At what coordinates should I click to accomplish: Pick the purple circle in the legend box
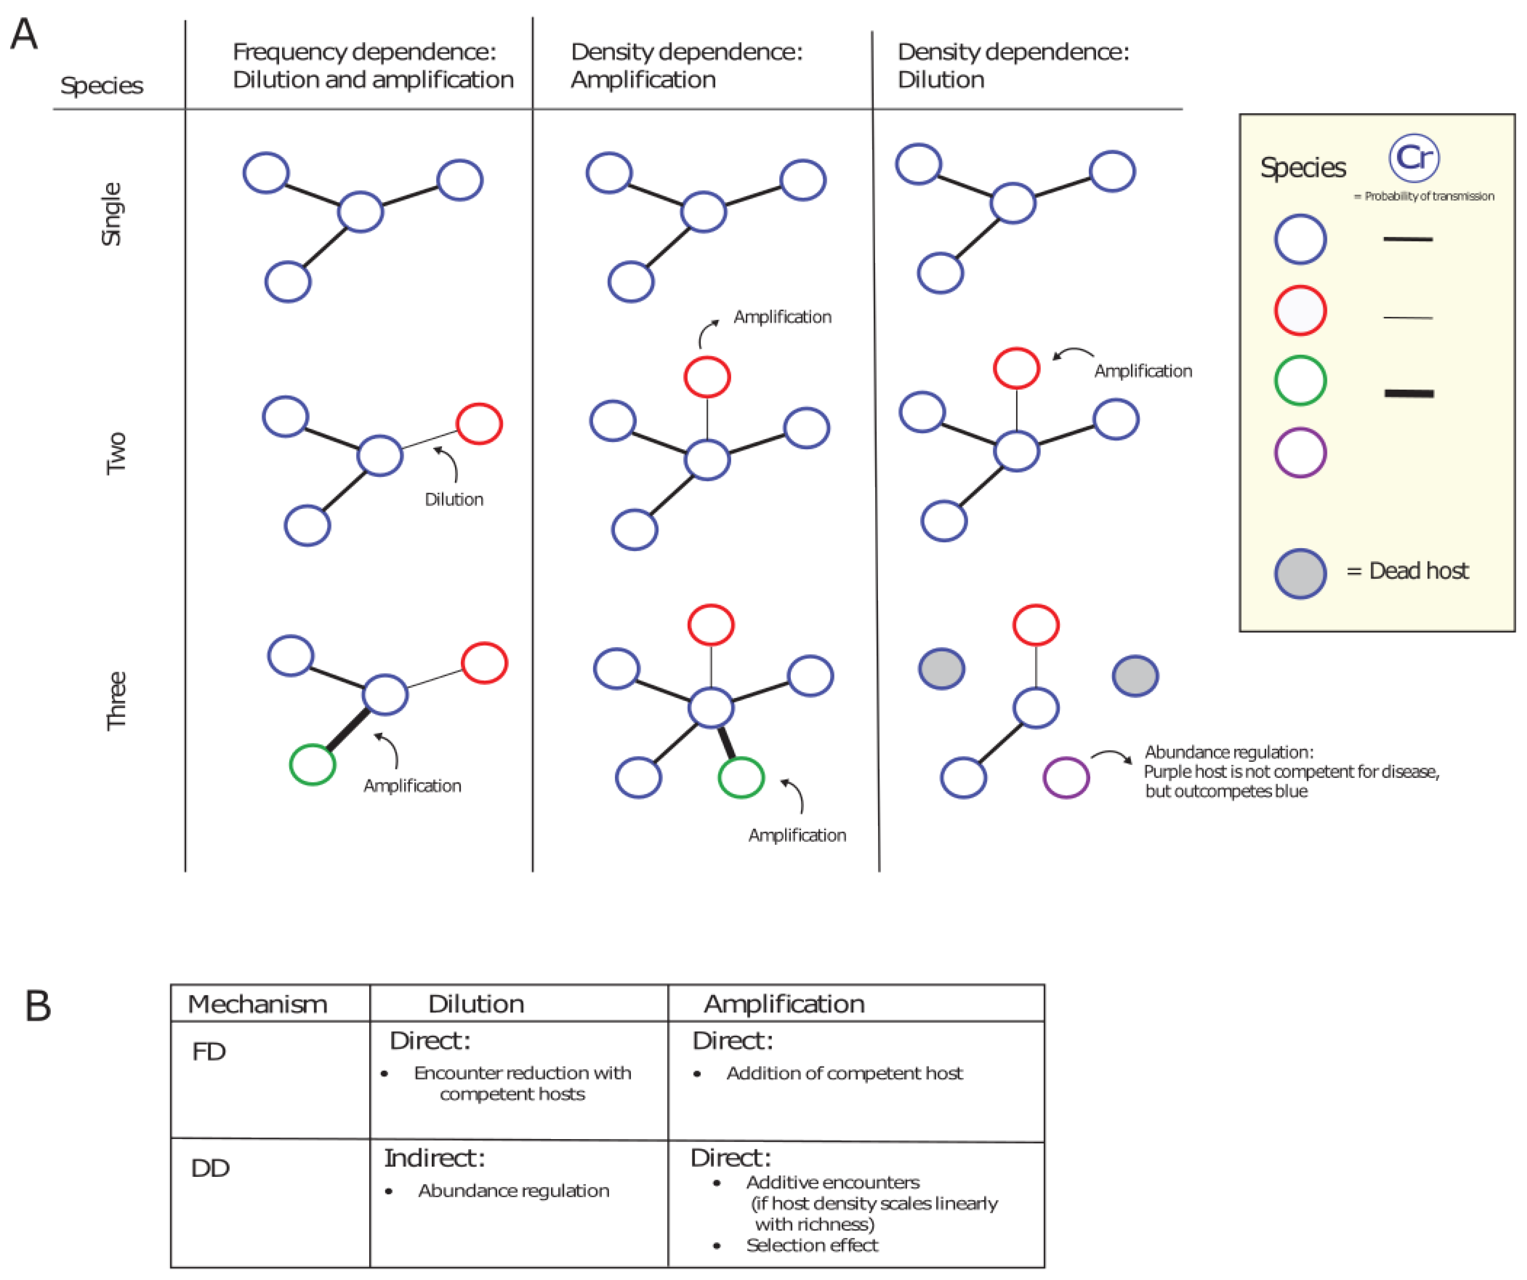click(1300, 452)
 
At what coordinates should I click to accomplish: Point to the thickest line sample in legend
click(1409, 393)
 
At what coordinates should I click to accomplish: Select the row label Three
click(116, 700)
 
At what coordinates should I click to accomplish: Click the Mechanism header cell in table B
click(258, 1004)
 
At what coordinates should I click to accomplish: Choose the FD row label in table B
click(209, 1052)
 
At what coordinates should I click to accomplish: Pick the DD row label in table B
click(210, 1168)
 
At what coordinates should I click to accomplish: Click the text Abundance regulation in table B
click(513, 1191)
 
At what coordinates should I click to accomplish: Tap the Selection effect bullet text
click(811, 1245)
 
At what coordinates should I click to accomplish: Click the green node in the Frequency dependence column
click(312, 764)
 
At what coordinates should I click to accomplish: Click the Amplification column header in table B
click(784, 1004)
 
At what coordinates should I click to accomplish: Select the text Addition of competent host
click(844, 1074)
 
